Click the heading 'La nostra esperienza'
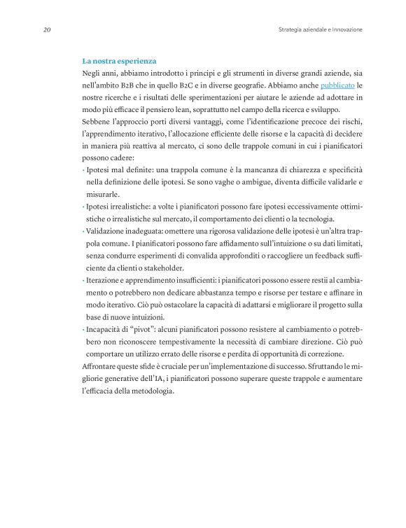coord(119,62)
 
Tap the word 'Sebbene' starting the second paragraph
coord(98,122)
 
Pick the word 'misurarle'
coord(103,194)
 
